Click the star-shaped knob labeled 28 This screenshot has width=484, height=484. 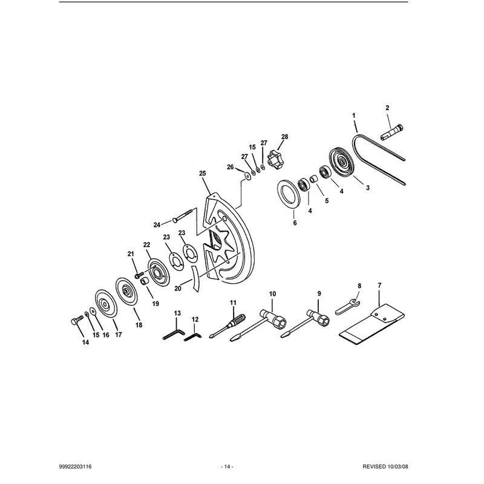tap(275, 159)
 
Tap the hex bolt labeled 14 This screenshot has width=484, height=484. tap(77, 320)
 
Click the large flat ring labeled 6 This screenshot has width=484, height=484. tap(289, 194)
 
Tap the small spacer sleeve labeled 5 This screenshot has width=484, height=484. tap(313, 178)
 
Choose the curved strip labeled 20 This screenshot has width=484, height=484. tap(195, 278)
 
